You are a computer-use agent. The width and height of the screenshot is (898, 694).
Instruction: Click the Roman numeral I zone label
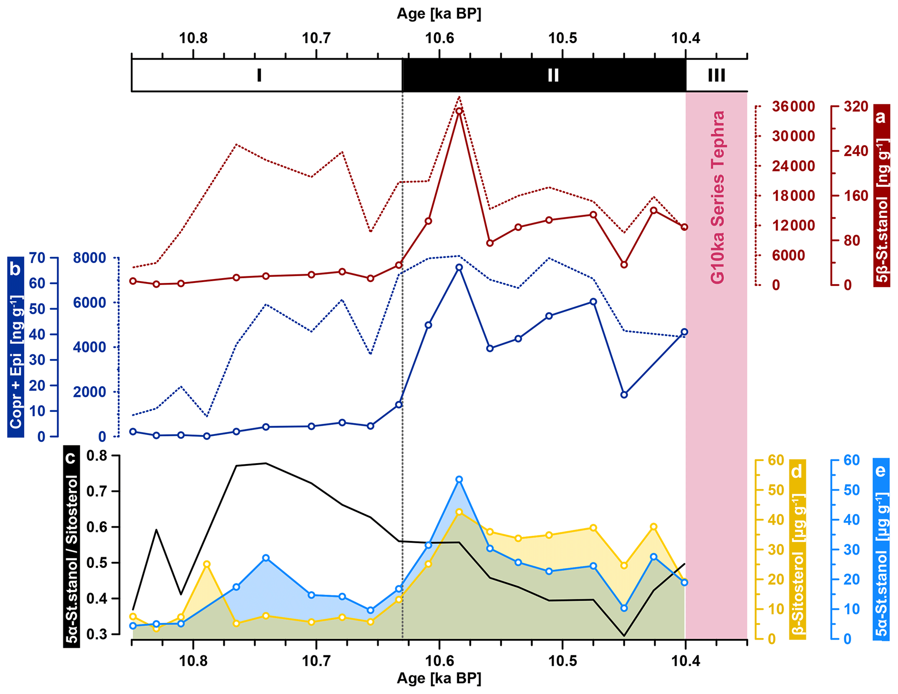(259, 75)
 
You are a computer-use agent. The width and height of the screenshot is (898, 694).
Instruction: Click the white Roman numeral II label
(553, 75)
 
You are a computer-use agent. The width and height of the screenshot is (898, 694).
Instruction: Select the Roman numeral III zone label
(716, 75)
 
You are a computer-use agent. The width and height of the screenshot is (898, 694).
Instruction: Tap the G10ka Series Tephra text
(718, 198)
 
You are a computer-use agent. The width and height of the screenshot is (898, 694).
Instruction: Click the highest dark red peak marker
(459, 111)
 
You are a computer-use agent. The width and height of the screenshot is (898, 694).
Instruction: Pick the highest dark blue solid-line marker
(459, 267)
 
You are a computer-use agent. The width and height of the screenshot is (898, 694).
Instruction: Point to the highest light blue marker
(459, 479)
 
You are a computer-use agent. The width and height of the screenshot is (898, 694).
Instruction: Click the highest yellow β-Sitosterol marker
(459, 512)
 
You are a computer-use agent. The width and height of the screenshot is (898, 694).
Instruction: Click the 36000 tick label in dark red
(793, 106)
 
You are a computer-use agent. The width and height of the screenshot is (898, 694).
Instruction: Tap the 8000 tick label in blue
(89, 258)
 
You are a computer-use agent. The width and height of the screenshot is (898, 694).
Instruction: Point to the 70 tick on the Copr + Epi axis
(37, 258)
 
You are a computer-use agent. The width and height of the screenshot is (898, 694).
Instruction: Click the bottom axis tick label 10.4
(685, 661)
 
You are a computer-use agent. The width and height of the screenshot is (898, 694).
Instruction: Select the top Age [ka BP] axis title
(439, 14)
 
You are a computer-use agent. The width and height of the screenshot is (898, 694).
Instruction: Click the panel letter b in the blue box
(15, 269)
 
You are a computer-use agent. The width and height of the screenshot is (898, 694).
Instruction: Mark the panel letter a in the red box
(881, 117)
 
